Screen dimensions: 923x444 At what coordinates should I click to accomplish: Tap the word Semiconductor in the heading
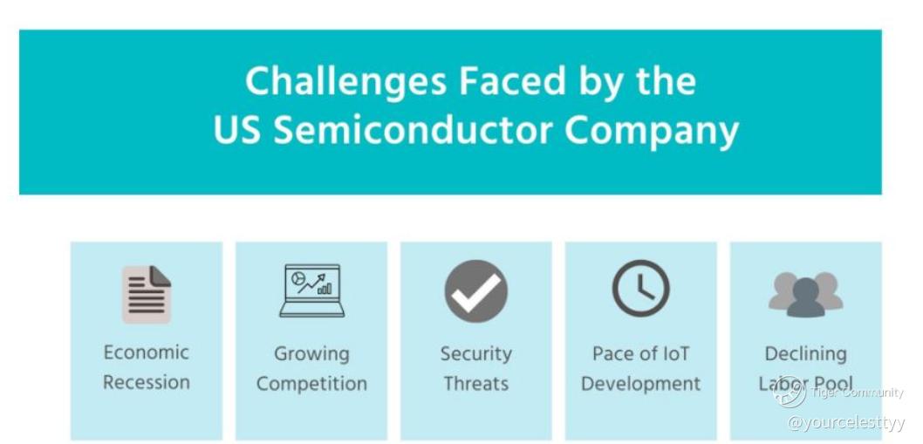(412, 130)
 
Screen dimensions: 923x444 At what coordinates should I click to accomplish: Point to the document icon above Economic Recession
(147, 295)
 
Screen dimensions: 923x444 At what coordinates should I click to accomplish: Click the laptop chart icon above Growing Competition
(311, 290)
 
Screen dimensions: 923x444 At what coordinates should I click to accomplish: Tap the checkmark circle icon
(475, 290)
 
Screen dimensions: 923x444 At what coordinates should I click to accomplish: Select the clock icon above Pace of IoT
(640, 289)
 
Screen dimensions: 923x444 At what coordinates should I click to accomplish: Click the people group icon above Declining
(805, 295)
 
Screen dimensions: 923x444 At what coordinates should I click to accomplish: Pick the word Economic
(147, 352)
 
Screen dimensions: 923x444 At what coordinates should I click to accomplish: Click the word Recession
(147, 382)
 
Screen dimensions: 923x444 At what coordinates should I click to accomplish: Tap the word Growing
(311, 354)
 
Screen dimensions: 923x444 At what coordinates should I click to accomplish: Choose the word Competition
(311, 384)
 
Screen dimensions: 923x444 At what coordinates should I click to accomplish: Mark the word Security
(475, 354)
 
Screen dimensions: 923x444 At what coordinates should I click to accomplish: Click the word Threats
(475, 383)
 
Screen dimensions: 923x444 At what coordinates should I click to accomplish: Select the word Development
(640, 384)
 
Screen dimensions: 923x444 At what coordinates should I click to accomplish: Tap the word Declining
(805, 354)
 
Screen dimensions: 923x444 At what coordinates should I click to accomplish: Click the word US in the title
(236, 130)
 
